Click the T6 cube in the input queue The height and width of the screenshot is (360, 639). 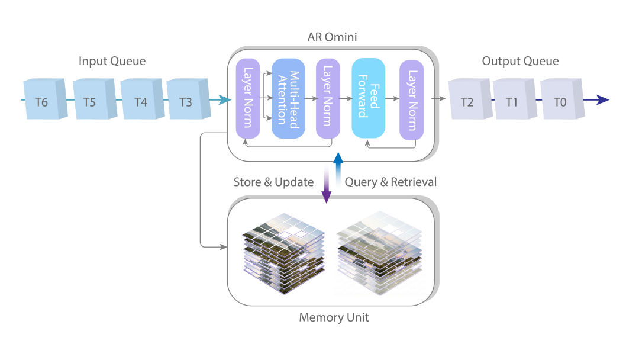point(41,100)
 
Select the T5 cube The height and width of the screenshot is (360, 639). point(90,100)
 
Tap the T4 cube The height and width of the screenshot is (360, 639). point(141,100)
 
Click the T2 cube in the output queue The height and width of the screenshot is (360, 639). point(467,101)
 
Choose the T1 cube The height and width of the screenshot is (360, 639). point(512,101)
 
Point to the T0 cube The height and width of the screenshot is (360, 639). point(560,101)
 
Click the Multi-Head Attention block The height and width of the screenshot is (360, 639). point(288,99)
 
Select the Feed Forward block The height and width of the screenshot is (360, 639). point(368,99)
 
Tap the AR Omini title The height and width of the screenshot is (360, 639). point(332,37)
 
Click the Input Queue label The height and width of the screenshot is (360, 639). point(112,61)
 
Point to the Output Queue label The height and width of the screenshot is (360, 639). point(520,61)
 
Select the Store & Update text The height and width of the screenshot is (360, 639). point(273,182)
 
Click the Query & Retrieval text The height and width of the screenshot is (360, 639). point(390,182)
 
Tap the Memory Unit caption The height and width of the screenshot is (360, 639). point(334,317)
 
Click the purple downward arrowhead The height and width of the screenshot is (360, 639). point(326,197)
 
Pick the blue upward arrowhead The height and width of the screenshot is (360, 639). point(338,158)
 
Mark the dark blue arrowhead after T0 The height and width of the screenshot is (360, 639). point(602,100)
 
